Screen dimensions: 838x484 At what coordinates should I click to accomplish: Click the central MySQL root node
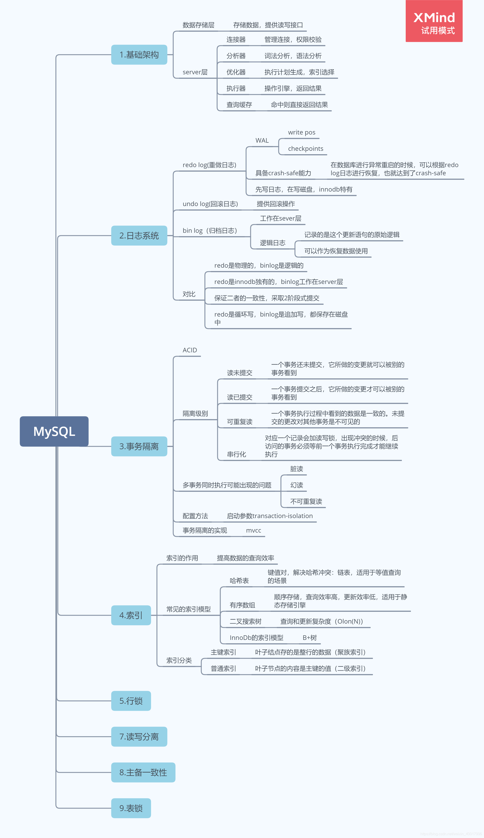(54, 431)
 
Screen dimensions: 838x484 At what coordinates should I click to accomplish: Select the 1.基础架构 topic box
(139, 55)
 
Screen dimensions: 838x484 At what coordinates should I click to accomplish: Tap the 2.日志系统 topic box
(139, 235)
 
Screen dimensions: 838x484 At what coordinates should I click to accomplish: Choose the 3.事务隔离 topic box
(139, 446)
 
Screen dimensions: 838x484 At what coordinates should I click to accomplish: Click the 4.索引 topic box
(131, 615)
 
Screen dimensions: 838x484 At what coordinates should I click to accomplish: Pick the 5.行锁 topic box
(131, 701)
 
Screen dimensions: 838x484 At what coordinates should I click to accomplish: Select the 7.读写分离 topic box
(139, 737)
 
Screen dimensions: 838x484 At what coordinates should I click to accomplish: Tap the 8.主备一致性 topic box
(143, 772)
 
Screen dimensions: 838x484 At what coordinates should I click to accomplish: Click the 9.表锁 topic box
(131, 808)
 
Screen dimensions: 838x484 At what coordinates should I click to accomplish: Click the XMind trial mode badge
(434, 21)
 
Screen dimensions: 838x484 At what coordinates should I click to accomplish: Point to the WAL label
(262, 140)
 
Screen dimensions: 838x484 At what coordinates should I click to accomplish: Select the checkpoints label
(305, 149)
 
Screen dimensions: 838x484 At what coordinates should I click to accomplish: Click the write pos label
(301, 132)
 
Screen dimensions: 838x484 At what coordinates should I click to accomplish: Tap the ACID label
(190, 350)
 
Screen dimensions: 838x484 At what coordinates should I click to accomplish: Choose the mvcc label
(253, 530)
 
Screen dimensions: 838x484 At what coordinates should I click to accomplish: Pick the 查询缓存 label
(239, 105)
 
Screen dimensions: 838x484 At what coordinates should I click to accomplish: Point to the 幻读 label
(296, 485)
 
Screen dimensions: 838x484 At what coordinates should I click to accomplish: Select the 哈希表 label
(239, 581)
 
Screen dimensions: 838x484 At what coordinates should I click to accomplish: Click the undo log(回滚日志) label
(210, 204)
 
